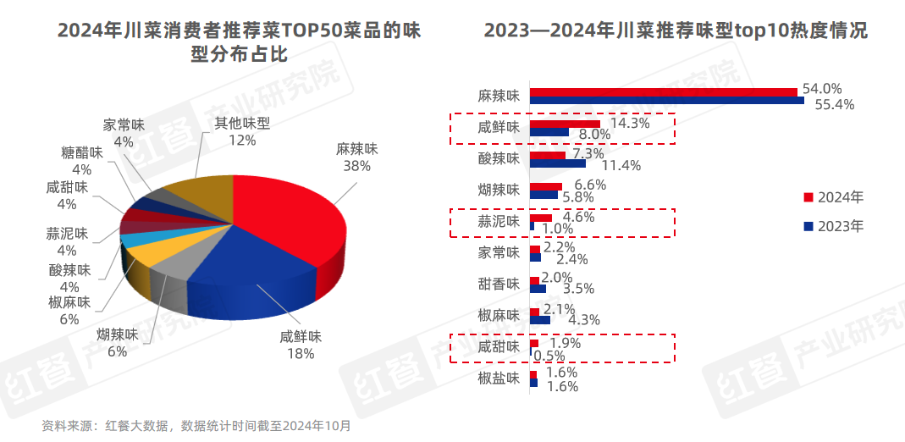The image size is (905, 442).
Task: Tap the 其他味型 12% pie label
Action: click(x=241, y=131)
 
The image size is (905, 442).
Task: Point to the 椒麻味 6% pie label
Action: click(x=69, y=310)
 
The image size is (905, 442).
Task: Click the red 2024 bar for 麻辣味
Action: click(x=663, y=91)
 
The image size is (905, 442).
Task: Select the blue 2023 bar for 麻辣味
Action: click(x=666, y=101)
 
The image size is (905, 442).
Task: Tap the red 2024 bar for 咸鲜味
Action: click(x=565, y=124)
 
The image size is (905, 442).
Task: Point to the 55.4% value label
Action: click(x=833, y=105)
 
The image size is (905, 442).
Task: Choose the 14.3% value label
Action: click(x=629, y=123)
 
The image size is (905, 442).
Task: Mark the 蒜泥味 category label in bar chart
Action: click(x=498, y=223)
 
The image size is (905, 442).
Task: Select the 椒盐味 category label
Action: click(x=498, y=378)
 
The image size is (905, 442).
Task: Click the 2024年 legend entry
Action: click(x=834, y=197)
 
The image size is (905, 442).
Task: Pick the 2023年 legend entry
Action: click(x=834, y=226)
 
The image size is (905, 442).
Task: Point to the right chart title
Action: click(x=676, y=31)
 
